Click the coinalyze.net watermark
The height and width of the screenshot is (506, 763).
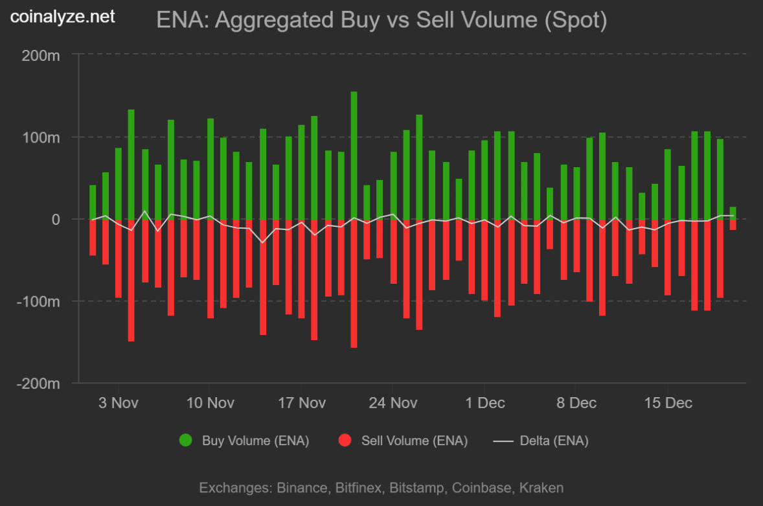(x=63, y=16)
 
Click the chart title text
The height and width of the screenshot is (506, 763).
(x=381, y=20)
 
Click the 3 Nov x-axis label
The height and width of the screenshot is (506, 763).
(x=118, y=403)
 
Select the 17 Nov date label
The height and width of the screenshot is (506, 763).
(x=301, y=403)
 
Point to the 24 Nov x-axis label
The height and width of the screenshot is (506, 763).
(x=393, y=403)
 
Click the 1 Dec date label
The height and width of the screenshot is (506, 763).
(x=485, y=403)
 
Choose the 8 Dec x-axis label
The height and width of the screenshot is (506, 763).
(x=576, y=403)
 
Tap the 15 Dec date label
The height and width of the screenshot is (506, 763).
(x=668, y=403)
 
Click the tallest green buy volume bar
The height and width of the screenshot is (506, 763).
(x=354, y=155)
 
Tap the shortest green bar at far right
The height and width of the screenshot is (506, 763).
(x=733, y=213)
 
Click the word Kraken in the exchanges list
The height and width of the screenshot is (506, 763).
(x=543, y=488)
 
